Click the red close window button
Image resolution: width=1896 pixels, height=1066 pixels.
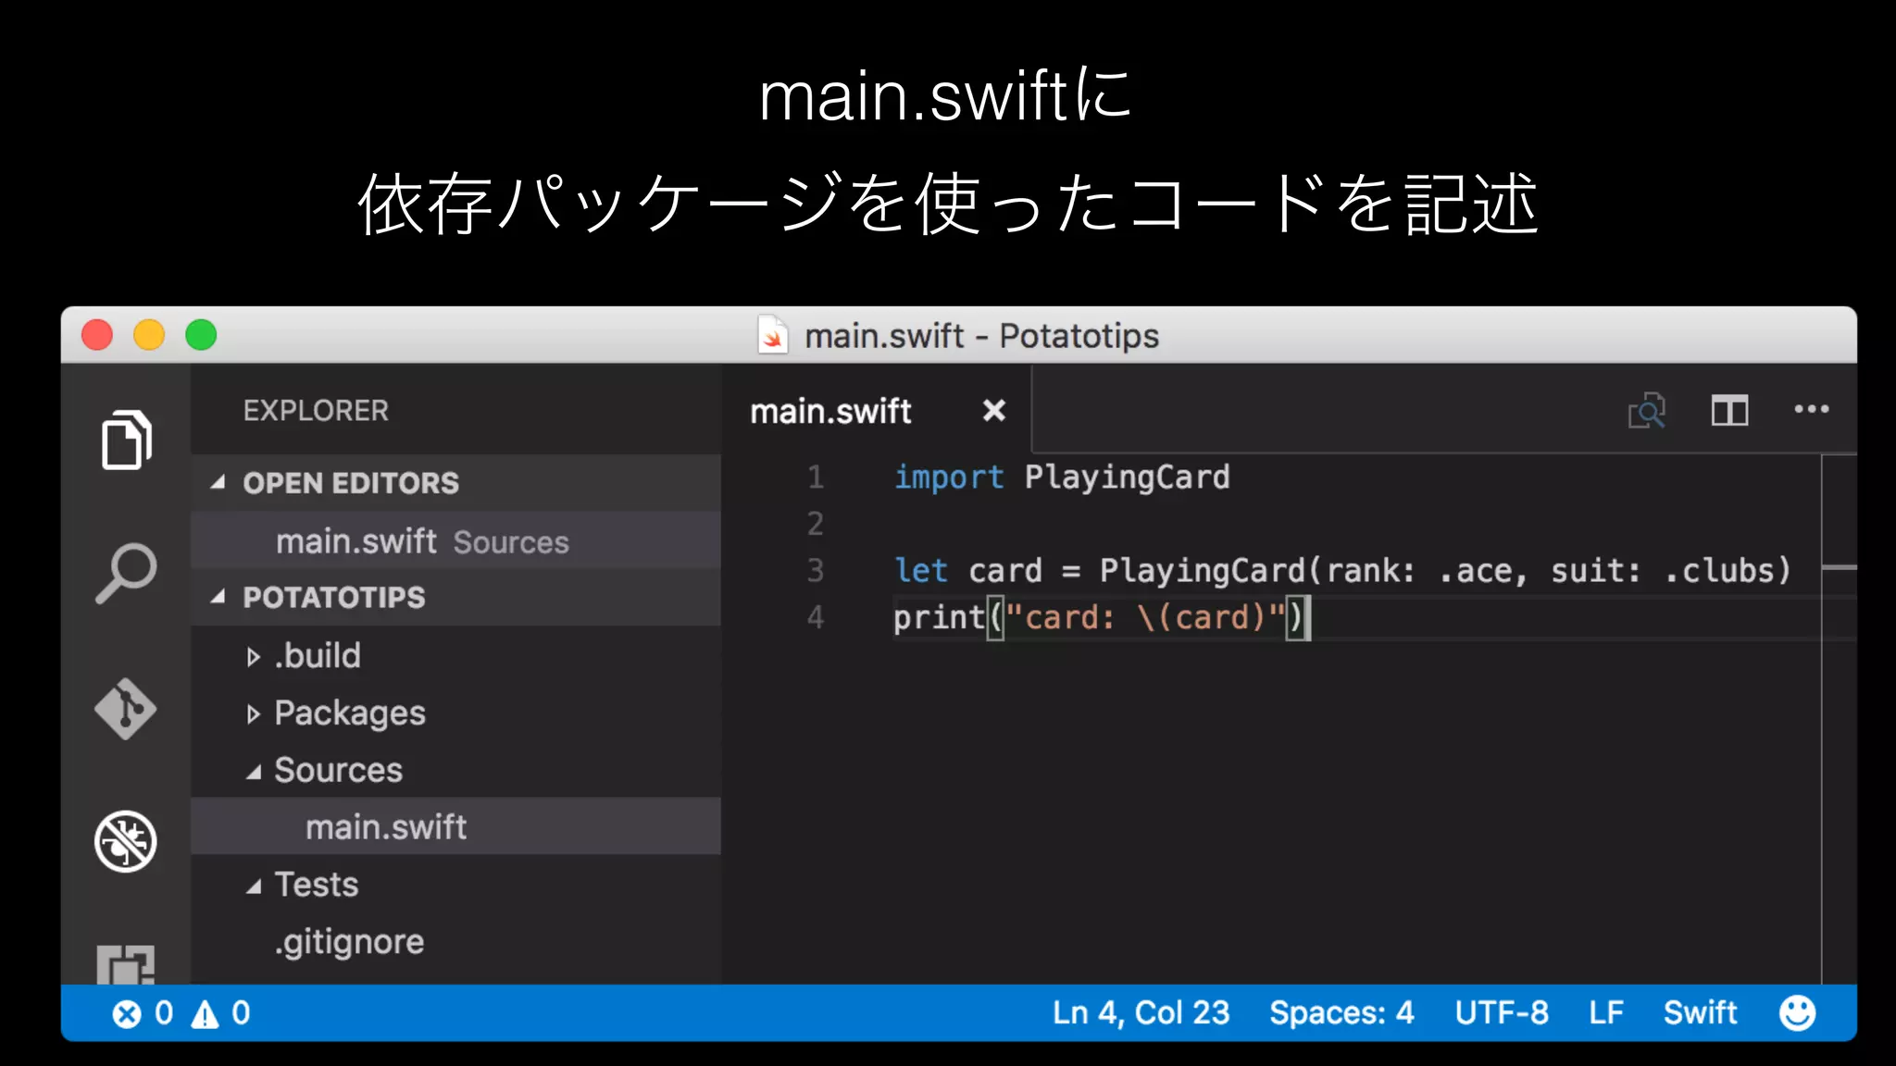97,335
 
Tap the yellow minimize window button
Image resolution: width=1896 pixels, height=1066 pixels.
149,335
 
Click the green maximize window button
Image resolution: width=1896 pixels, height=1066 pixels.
201,335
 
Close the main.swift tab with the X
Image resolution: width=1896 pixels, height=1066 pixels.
993,410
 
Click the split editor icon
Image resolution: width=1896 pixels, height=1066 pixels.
1728,410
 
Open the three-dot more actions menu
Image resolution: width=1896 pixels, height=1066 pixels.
1811,409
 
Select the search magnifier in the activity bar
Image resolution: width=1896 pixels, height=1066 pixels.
126,573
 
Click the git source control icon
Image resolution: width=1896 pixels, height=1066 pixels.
126,709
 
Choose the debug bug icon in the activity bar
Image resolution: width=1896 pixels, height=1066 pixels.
126,841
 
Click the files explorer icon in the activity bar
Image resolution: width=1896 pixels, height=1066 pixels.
126,440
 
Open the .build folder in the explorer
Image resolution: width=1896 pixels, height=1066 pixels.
318,656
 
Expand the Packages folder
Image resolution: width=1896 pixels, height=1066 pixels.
349,713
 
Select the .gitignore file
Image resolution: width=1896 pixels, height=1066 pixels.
349,942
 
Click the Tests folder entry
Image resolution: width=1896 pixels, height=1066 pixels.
316,885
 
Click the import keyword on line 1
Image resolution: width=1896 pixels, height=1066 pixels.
948,477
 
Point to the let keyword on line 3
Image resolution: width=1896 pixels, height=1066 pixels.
920,571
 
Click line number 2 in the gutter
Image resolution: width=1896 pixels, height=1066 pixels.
815,524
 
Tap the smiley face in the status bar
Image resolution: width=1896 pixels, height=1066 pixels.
1797,1012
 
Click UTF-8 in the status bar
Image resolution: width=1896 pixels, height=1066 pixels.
1501,1012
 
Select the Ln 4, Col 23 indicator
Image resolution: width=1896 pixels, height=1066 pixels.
1141,1012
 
